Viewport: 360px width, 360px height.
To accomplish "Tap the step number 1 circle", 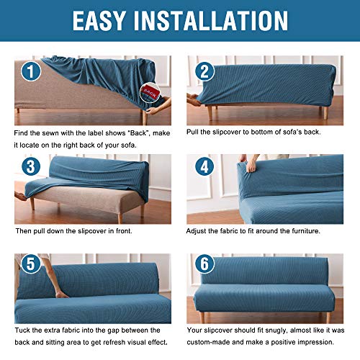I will coord(30,71).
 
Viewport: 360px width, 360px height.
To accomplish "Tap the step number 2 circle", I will coord(204,71).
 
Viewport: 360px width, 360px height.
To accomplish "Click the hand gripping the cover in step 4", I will coord(244,160).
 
